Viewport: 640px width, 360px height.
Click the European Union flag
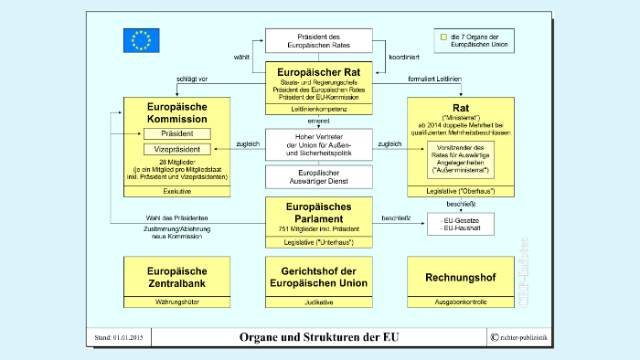(141, 40)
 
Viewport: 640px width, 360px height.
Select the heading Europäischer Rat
(319, 70)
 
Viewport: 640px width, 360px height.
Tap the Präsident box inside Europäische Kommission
(176, 133)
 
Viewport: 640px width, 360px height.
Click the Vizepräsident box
(176, 149)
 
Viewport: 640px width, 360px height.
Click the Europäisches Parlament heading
(319, 213)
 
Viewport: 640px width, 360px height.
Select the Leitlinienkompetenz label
(319, 109)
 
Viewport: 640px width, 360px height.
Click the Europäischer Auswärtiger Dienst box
(319, 176)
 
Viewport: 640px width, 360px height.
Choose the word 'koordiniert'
(403, 56)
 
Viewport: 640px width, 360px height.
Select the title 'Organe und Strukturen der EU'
(319, 337)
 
